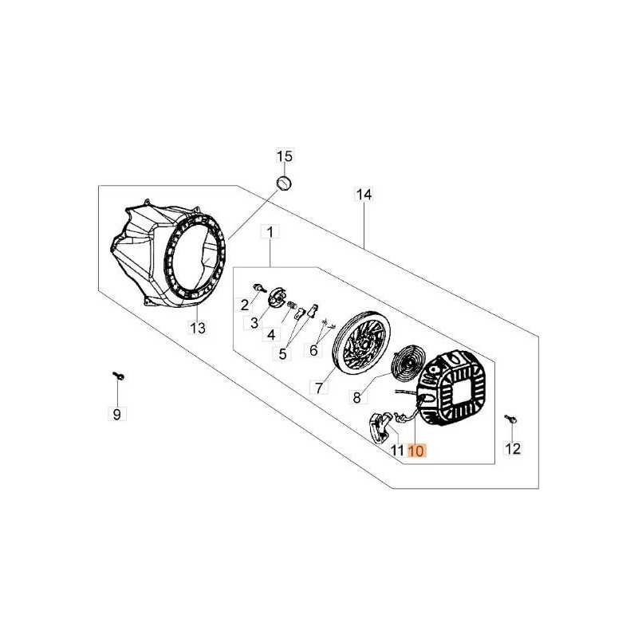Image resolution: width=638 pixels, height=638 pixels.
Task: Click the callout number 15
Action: [x=286, y=156]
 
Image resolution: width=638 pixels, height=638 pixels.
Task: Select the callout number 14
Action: [x=364, y=195]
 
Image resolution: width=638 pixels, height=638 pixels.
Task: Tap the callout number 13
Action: [x=197, y=327]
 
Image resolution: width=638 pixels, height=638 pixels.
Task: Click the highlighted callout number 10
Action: [x=417, y=451]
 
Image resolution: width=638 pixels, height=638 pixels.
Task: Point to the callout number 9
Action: [x=116, y=413]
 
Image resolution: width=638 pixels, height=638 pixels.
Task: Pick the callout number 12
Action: [x=513, y=449]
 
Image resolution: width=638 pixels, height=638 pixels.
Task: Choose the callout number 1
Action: [x=270, y=232]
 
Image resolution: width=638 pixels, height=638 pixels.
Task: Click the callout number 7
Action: [x=318, y=388]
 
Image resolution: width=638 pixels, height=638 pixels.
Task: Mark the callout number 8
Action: [x=358, y=395]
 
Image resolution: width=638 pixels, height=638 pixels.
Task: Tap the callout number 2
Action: [x=245, y=304]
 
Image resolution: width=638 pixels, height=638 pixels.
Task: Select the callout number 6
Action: [x=313, y=349]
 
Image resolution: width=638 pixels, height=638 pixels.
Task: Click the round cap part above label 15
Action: [x=284, y=184]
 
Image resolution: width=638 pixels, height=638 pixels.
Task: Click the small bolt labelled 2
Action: [x=258, y=287]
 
